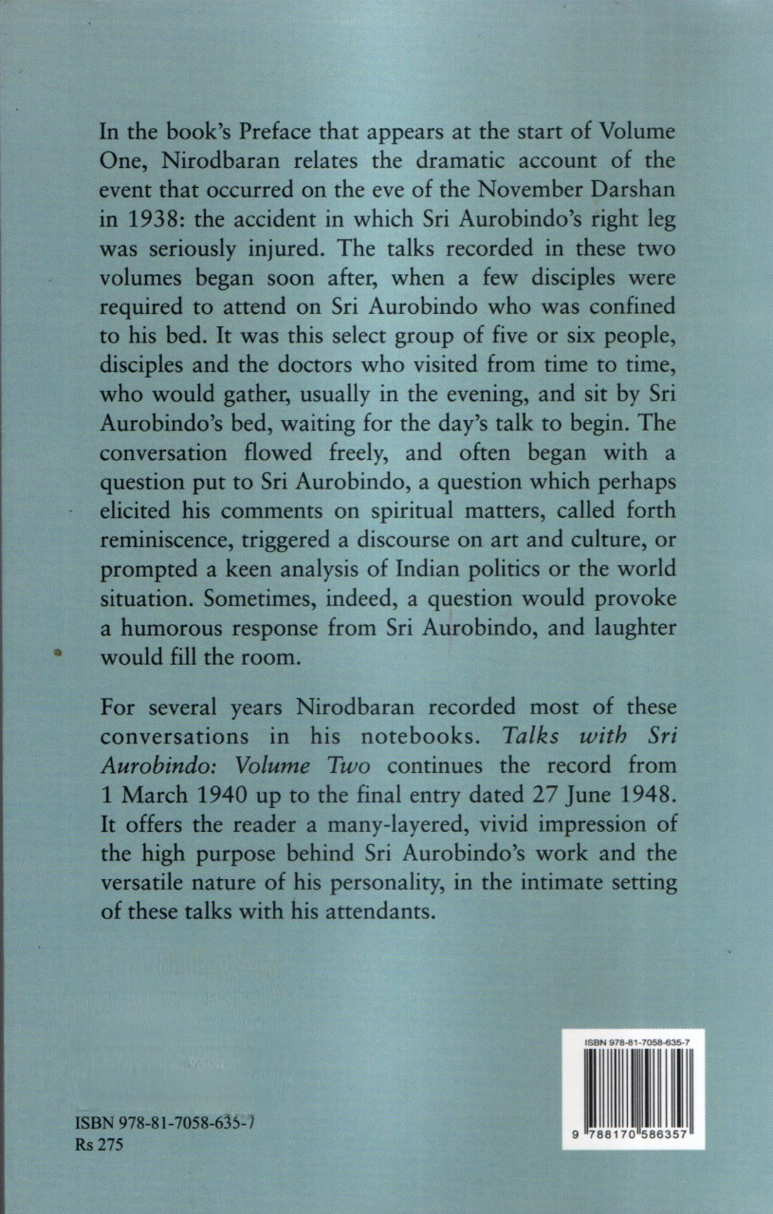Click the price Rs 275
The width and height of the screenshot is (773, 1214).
[99, 1145]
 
